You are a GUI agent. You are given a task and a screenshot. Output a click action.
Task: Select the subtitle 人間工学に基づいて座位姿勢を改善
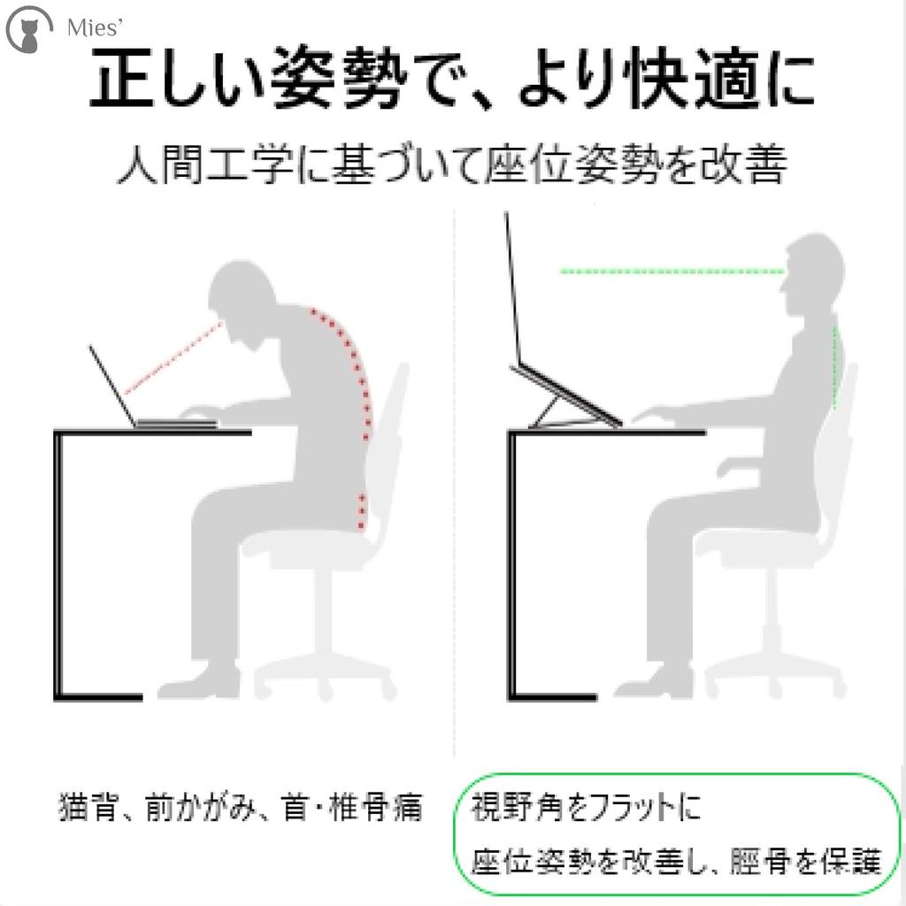point(451,165)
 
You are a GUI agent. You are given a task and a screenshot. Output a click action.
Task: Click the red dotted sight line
point(173,358)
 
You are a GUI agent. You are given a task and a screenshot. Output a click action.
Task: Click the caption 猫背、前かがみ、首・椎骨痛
point(240,808)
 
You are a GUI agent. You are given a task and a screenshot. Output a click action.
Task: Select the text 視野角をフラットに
point(585,808)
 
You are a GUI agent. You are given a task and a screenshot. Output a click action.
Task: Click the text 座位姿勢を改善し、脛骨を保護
point(677,860)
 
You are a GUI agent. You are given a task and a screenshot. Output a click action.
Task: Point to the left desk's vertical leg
point(60,566)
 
